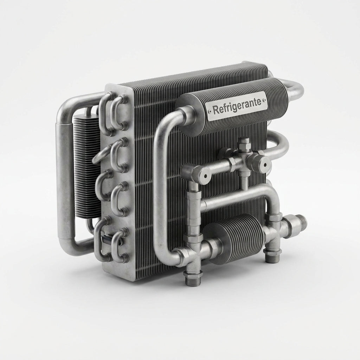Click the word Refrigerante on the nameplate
coord(237,106)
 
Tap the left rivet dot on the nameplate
coord(209,111)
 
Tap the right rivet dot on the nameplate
coord(265,100)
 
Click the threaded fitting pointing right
coord(299,223)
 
